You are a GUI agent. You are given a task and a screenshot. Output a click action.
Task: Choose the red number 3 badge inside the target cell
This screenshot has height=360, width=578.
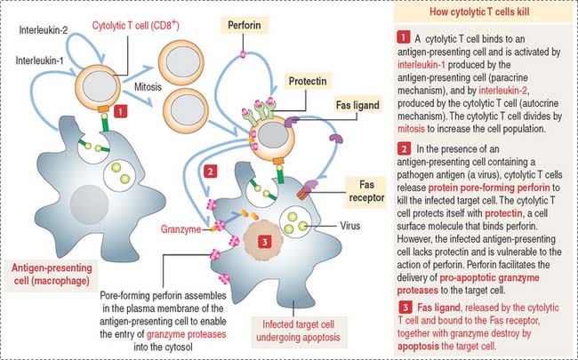[x=265, y=241]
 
